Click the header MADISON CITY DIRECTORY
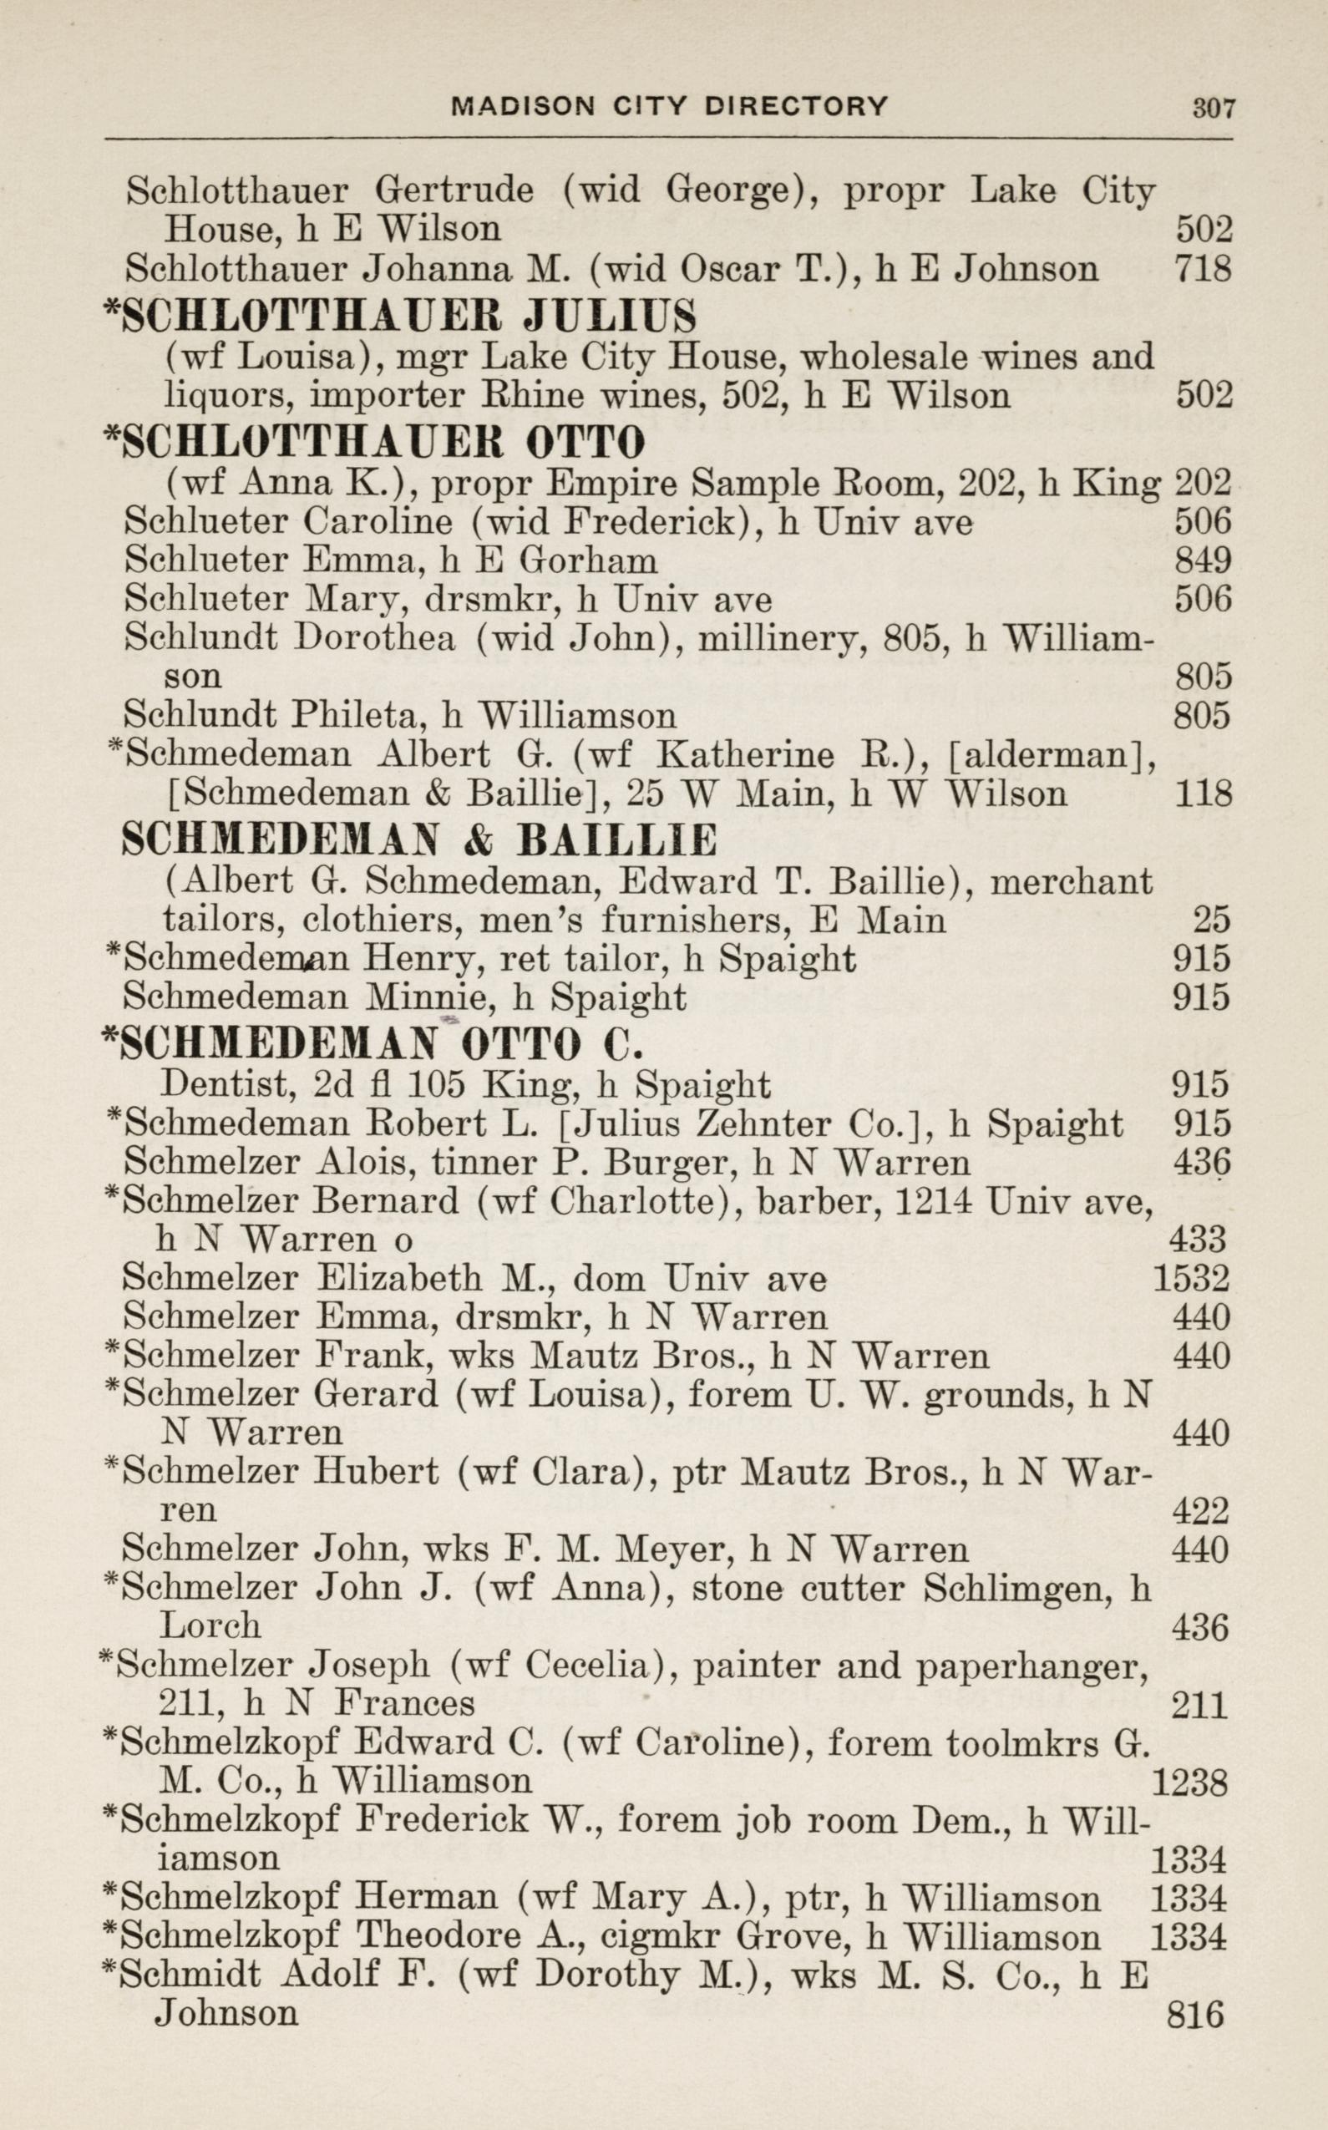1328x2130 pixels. pos(669,106)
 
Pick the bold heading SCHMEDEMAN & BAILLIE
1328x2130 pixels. pos(418,841)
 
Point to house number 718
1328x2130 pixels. pos(1203,268)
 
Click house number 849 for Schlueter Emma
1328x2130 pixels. pos(1203,560)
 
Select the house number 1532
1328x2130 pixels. pos(1191,1279)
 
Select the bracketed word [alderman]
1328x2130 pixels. pos(1052,754)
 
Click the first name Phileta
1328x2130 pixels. pos(357,716)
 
